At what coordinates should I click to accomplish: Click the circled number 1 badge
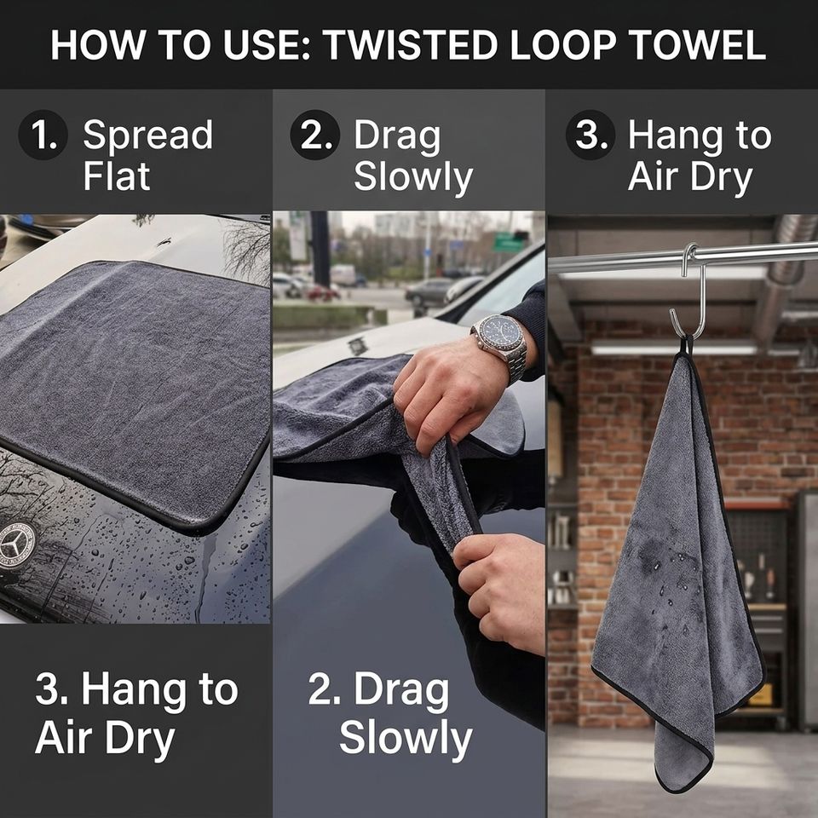[x=43, y=135]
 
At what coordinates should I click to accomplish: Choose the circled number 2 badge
[x=315, y=135]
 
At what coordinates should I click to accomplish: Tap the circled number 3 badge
[x=590, y=135]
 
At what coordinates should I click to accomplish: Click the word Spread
[x=148, y=135]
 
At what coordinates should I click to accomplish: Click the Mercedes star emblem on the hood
[x=17, y=545]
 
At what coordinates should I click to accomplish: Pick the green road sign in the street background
[x=510, y=243]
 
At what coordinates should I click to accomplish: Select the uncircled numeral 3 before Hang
[x=49, y=689]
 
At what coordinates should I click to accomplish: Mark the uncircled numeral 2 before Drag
[x=321, y=689]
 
